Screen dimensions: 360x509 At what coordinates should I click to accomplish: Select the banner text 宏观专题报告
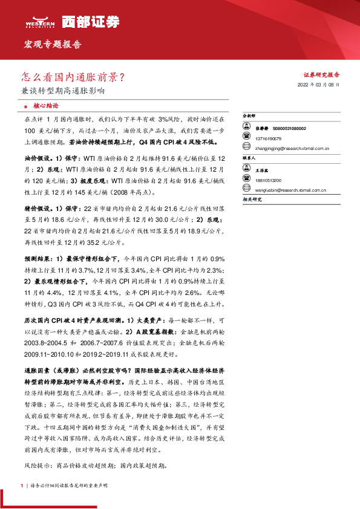[52, 45]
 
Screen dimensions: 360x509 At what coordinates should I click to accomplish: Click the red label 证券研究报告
[321, 75]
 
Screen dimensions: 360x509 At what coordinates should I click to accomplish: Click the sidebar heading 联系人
[249, 157]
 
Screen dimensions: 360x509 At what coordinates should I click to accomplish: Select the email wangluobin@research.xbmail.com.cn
[291, 190]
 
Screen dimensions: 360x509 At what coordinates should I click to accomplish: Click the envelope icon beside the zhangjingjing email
[246, 146]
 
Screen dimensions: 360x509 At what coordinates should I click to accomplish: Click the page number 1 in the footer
[22, 486]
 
